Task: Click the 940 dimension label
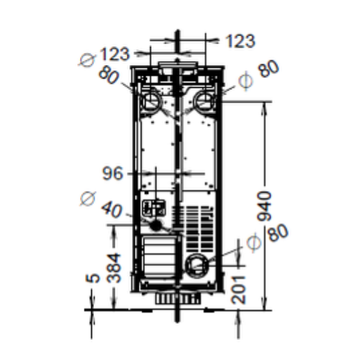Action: click(264, 206)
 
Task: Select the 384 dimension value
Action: click(114, 268)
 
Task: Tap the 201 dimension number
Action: click(239, 289)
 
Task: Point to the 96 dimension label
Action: click(112, 174)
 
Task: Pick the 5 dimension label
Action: click(92, 278)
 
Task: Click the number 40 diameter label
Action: click(112, 210)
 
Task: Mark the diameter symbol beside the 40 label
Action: click(87, 199)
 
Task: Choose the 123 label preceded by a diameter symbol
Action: click(114, 54)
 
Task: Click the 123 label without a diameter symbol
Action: click(240, 41)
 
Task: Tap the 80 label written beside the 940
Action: click(278, 233)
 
